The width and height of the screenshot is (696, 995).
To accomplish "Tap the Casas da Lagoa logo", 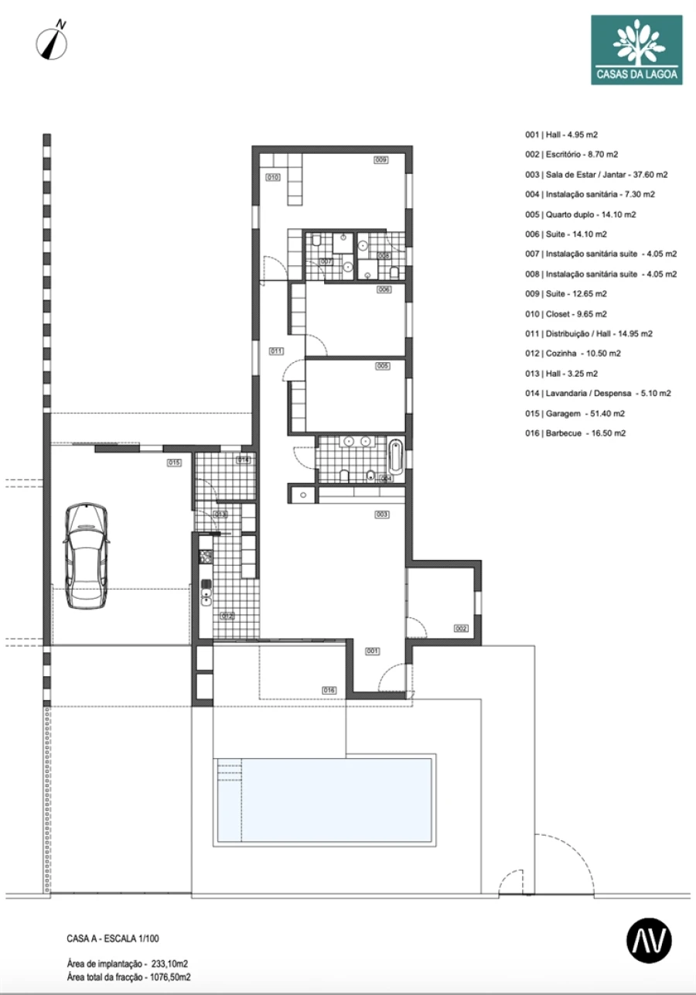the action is (636, 50).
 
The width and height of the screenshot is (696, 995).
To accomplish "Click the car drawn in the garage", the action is (87, 556).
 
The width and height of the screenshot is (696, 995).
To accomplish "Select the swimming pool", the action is (324, 800).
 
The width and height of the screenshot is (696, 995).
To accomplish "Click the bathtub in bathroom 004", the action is (395, 456).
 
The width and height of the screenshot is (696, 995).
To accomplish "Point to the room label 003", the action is (382, 515).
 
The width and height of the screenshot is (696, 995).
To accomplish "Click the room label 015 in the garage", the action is (174, 463).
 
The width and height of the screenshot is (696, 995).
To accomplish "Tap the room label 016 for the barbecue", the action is (329, 690).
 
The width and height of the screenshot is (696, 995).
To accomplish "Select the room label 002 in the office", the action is (461, 628).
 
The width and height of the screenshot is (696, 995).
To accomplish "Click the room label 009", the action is (380, 160).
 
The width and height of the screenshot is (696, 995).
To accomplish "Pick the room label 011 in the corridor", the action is (276, 351).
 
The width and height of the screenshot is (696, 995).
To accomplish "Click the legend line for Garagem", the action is (575, 413).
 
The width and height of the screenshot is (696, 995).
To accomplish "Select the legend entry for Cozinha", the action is (572, 354).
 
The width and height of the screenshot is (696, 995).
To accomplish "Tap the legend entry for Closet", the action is (565, 314).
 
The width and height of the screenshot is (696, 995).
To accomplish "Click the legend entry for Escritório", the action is (571, 155).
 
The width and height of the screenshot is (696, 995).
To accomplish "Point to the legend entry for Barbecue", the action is (575, 433).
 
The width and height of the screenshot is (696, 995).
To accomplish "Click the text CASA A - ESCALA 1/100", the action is (113, 939).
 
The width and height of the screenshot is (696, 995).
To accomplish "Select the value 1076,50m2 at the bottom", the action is (170, 977).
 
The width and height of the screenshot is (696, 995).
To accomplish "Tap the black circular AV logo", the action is (649, 940).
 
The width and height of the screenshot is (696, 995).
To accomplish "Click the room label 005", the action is (383, 366).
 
